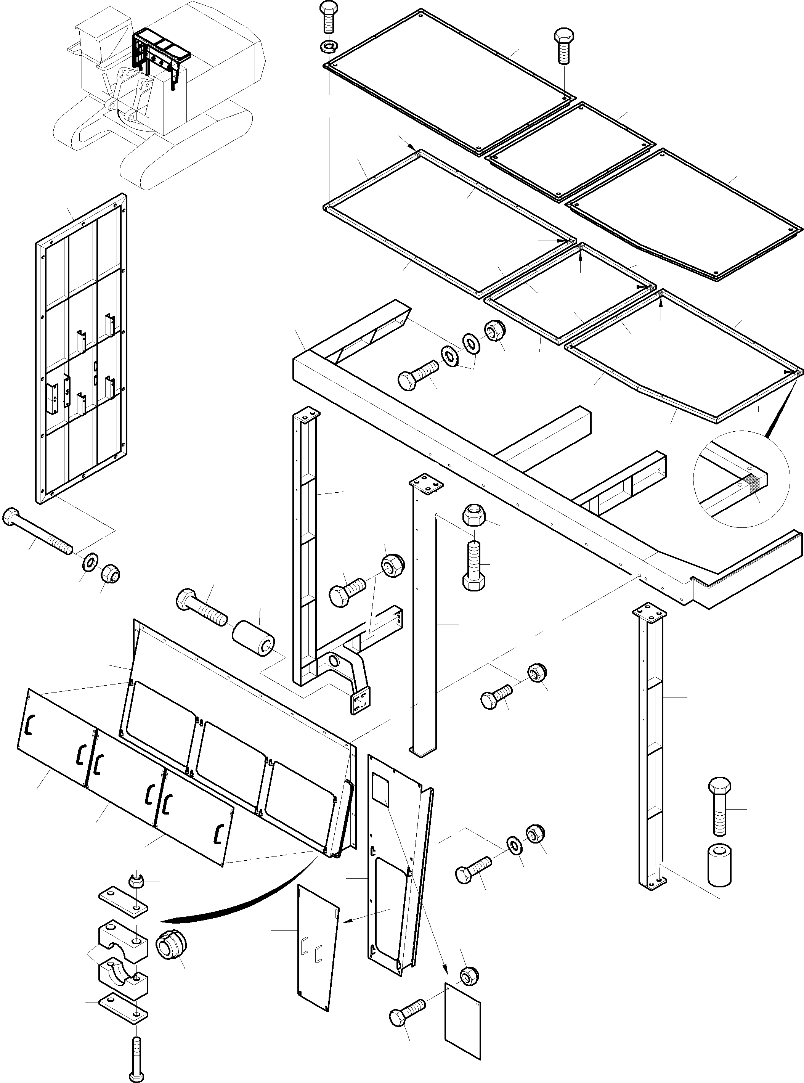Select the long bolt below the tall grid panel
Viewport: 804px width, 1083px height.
coord(37,530)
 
